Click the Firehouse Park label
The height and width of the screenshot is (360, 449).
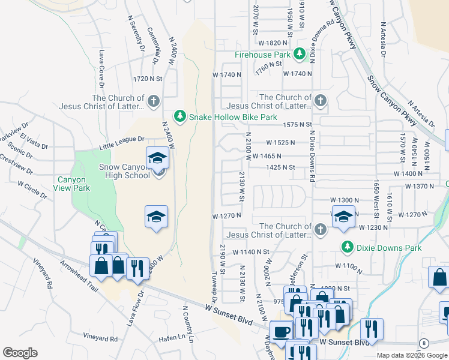262,55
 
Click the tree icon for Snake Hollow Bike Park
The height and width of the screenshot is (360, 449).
179,115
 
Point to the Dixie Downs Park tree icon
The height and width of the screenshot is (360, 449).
346,247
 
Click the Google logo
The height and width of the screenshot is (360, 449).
20,353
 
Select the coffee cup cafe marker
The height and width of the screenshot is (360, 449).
280,331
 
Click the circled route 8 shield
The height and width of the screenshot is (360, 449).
424,343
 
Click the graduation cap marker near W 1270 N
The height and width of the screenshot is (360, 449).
342,215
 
